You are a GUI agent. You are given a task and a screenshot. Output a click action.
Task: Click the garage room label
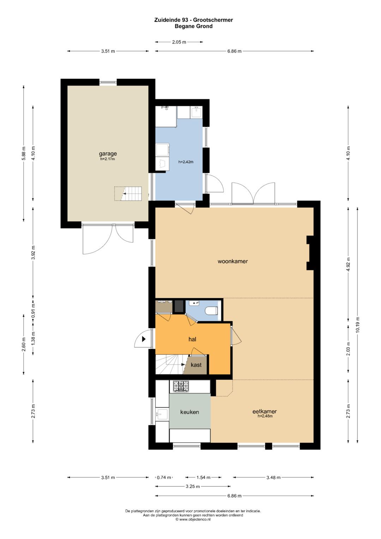pos(108,154)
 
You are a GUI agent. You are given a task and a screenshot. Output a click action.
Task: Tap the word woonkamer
pos(232,261)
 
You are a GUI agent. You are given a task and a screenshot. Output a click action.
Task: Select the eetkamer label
pos(264,412)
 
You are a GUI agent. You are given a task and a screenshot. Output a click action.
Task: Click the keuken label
pos(189,412)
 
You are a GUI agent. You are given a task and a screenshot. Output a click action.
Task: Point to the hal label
pos(192,339)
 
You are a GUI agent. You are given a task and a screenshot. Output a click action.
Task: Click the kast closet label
pos(196,365)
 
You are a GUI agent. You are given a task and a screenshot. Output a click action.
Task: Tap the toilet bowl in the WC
pos(212,310)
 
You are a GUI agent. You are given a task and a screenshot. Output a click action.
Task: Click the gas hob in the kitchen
pos(181,386)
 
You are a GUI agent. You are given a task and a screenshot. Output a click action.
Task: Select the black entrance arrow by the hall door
pos(144,339)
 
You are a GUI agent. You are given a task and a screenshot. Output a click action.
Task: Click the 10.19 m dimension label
pos(357,325)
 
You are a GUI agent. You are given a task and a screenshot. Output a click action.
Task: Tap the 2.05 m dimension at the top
pos(179,42)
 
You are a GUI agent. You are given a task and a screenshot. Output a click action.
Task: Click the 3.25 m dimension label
pos(193,486)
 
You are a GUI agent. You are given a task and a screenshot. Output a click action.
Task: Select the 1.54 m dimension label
pos(203,477)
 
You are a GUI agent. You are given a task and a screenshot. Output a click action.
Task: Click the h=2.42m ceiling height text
pos(186,162)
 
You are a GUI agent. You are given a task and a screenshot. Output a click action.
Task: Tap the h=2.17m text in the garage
pos(108,159)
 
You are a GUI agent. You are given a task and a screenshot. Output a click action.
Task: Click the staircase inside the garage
pos(128,194)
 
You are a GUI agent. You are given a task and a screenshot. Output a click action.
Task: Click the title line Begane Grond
pos(194,26)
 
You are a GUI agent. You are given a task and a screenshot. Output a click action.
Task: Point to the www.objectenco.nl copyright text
pos(193,520)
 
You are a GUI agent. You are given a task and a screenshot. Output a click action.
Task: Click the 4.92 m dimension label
pos(348,264)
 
